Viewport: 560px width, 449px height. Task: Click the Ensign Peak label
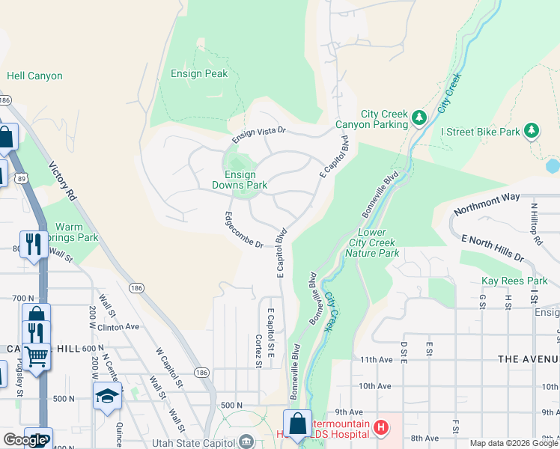tap(199, 74)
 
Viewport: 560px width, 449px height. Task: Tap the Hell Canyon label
tap(34, 76)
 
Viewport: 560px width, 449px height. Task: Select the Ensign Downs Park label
tap(240, 180)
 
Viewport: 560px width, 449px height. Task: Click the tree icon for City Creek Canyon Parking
tap(420, 117)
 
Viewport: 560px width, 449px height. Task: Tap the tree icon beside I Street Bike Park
tap(532, 132)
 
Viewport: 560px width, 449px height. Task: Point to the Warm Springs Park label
tap(78, 232)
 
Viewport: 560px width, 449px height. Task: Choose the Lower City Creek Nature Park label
tap(372, 242)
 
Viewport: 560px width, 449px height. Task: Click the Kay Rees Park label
tap(515, 281)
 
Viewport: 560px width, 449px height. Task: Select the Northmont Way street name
tap(490, 196)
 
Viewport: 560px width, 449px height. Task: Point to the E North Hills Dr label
tap(493, 249)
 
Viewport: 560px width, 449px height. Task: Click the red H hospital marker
tap(381, 428)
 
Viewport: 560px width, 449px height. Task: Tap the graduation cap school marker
tap(107, 396)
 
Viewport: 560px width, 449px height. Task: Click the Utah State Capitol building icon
tap(246, 442)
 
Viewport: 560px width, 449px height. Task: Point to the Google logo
tap(24, 440)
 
